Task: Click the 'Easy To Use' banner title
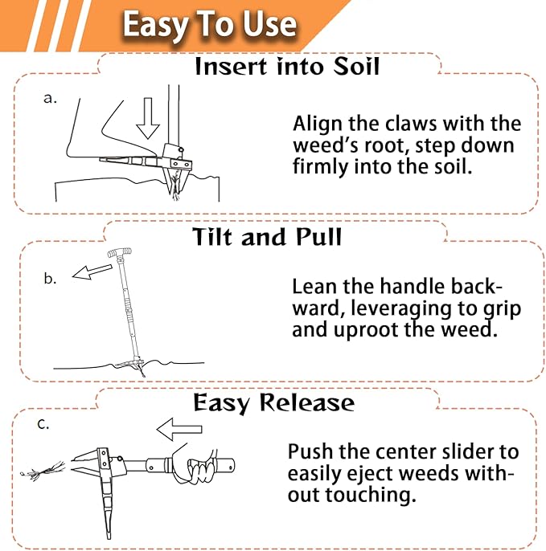[209, 25]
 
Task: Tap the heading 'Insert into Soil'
[287, 66]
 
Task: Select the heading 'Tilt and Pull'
[267, 237]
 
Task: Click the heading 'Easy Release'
[273, 402]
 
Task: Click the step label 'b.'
[50, 279]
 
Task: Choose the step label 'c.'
[43, 425]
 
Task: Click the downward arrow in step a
[148, 119]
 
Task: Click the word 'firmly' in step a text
[320, 169]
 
